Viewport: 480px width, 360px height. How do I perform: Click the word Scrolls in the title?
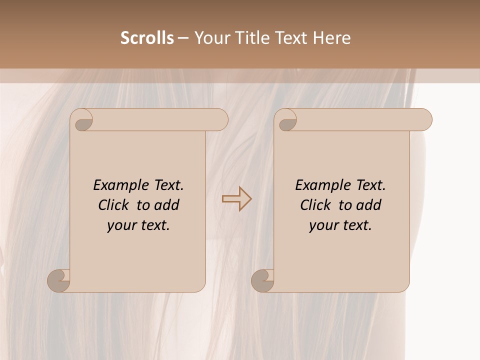click(147, 38)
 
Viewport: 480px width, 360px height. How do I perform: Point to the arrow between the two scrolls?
click(237, 198)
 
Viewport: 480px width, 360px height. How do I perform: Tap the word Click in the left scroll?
click(114, 205)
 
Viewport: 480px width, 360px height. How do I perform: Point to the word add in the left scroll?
click(167, 205)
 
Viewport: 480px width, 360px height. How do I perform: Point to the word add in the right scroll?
click(369, 205)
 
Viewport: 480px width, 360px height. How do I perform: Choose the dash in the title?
click(183, 38)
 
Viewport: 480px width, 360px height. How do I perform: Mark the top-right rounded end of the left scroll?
click(220, 120)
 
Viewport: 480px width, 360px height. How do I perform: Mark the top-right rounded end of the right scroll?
click(424, 120)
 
